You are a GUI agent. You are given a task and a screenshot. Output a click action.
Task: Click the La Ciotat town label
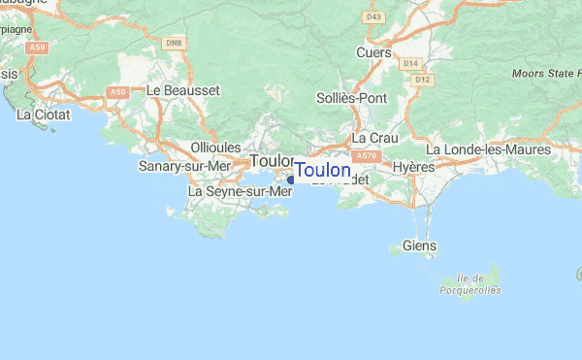coord(40,115)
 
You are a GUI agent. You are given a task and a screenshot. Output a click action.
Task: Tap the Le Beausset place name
coord(183,89)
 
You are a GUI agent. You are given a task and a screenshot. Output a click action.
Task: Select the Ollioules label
coord(215,147)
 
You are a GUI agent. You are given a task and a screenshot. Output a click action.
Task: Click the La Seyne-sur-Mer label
coord(240,191)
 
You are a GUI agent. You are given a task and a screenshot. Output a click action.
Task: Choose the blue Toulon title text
coord(323,171)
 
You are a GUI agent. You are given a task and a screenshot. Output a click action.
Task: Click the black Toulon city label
coord(271,160)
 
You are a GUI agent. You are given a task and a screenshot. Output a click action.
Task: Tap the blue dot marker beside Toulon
coord(291,179)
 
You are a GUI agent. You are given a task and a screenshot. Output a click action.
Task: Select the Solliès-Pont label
coord(352,98)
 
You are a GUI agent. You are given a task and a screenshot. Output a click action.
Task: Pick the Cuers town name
coord(373,52)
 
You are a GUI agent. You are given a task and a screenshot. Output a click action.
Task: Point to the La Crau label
coord(370,138)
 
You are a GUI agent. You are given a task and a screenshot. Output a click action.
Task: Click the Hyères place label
coord(413,167)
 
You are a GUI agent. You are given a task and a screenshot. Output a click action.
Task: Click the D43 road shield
coord(373,16)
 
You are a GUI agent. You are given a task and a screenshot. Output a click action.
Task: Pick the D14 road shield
coord(409,64)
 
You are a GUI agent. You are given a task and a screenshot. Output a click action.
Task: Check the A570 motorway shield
coord(365,155)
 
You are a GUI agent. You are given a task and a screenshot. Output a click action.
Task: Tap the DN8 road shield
coord(174,43)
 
